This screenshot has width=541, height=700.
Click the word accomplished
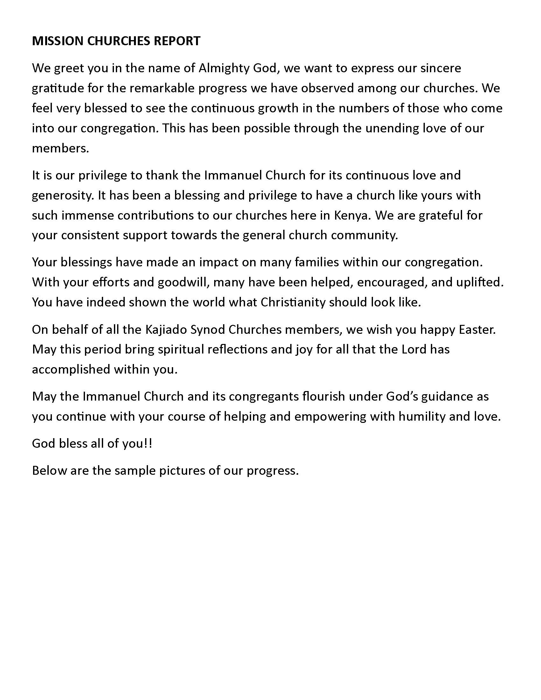pos(71,369)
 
